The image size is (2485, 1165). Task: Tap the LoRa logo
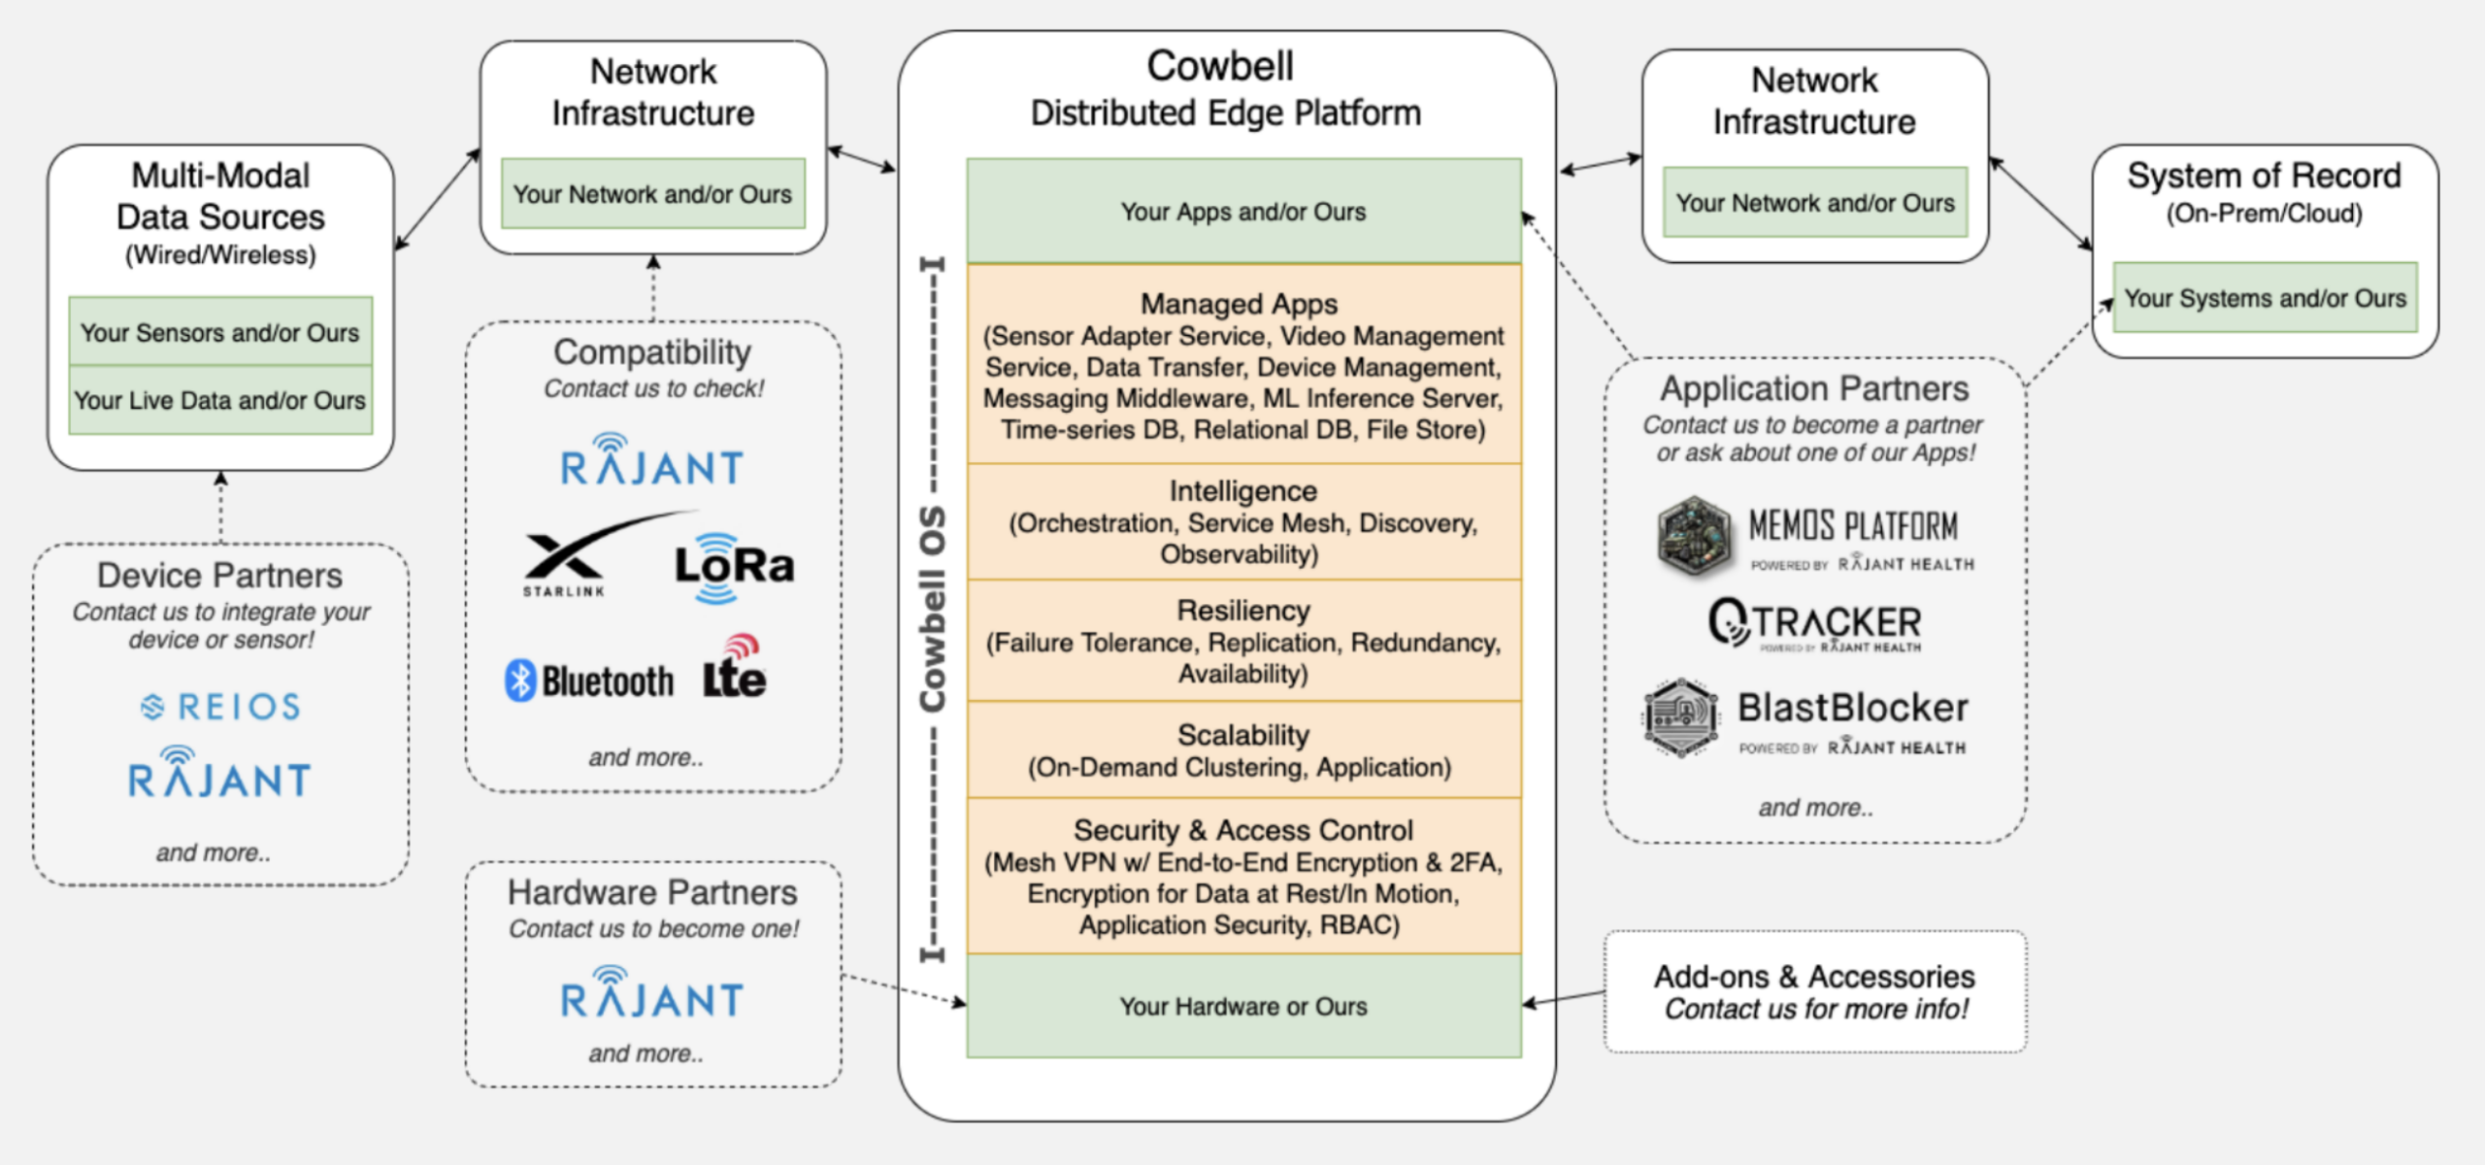[734, 566]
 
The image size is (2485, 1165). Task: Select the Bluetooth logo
[588, 681]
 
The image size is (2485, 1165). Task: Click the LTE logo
[735, 669]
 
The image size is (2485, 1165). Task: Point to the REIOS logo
[221, 707]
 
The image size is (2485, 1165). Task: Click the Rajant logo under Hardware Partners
[652, 994]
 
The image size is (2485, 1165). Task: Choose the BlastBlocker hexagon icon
[1681, 717]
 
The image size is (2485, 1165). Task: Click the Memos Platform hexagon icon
[1693, 536]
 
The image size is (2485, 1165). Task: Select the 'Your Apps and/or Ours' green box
[1243, 212]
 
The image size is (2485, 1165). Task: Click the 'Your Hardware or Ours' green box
[1243, 1007]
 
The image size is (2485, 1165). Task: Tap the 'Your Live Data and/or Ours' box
[220, 400]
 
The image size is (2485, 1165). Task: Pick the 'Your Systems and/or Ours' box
[2264, 298]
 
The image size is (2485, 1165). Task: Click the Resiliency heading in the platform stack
[1243, 611]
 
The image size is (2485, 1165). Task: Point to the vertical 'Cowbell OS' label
[932, 608]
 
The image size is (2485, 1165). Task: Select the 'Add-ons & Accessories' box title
[1813, 976]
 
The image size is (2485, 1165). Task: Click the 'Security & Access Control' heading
[1243, 830]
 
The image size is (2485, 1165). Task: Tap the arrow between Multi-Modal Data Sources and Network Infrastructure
[438, 199]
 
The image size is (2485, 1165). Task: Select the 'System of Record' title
[2264, 176]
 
